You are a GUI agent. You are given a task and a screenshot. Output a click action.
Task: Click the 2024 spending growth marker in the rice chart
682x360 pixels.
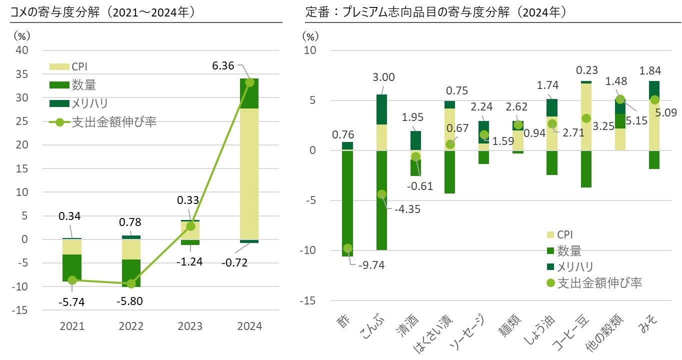pos(249,82)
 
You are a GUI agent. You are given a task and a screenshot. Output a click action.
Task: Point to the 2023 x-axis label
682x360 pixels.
pos(190,326)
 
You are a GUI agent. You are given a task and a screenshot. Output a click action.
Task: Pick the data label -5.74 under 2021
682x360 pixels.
pos(72,302)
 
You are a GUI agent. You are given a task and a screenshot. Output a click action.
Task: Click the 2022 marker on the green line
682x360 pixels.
pos(131,283)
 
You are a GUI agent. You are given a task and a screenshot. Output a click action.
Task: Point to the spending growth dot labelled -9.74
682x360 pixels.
pos(347,248)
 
